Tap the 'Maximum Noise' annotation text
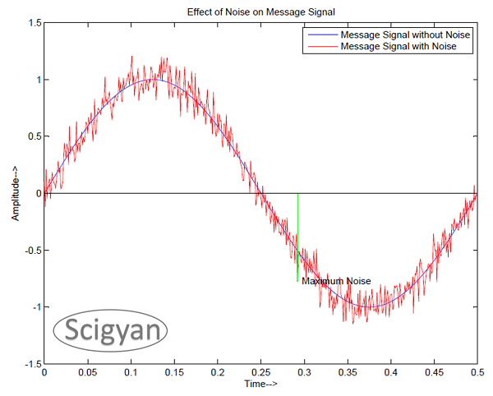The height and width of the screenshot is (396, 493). tap(336, 281)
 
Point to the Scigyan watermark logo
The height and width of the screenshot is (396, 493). tap(112, 330)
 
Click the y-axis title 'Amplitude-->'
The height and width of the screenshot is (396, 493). tap(15, 193)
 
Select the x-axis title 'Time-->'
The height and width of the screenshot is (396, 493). tap(260, 384)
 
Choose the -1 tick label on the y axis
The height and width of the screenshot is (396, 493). tap(34, 307)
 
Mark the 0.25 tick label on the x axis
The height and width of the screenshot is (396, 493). tap(260, 372)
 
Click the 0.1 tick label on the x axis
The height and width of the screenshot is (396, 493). tap(130, 372)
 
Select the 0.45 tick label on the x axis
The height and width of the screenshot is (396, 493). tap(433, 372)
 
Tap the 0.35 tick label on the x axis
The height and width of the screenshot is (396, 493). tap(346, 372)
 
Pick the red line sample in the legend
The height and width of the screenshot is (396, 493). tap(321, 47)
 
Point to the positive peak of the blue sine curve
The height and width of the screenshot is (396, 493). tap(152, 80)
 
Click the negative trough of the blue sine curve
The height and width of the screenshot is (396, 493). tap(368, 307)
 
